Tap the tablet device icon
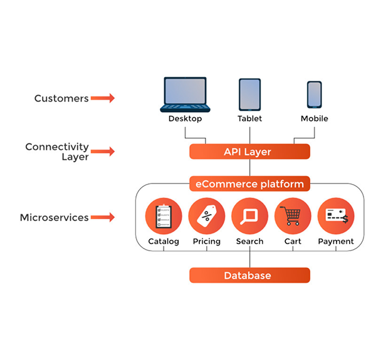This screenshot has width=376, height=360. (249, 95)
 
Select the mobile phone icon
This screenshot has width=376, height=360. (314, 95)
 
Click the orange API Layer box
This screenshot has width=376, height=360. (249, 152)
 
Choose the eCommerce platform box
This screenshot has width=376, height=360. (249, 184)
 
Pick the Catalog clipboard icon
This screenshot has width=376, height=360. (164, 217)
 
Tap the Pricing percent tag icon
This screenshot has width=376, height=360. (206, 217)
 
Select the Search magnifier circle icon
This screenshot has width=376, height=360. (249, 217)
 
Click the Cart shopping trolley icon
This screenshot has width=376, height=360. (293, 217)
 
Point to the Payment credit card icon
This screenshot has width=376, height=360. (336, 217)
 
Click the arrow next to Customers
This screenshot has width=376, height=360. (103, 98)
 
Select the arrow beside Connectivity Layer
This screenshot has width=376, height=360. (103, 152)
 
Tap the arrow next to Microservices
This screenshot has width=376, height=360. (103, 218)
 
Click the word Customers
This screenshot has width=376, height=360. (61, 98)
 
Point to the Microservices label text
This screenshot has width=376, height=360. (54, 218)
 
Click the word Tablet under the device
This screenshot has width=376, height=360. (249, 118)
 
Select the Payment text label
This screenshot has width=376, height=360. (336, 241)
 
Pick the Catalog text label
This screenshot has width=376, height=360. (164, 241)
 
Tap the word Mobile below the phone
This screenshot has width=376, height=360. (314, 118)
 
